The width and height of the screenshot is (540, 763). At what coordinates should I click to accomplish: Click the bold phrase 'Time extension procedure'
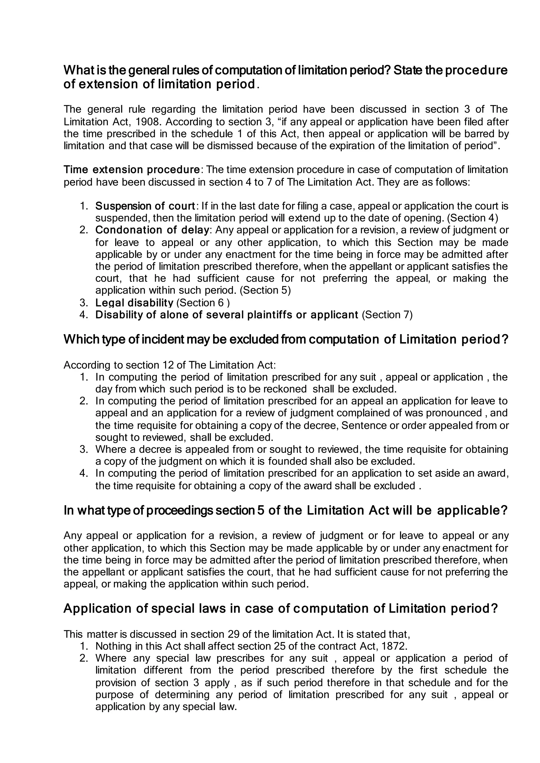point(132,170)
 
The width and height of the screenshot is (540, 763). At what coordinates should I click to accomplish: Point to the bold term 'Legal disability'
point(134,302)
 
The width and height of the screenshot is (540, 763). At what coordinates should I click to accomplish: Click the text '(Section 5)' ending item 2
point(265,290)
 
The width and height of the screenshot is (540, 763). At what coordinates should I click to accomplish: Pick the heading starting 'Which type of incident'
point(286,339)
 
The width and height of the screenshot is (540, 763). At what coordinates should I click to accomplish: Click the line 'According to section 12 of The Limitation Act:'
point(170,365)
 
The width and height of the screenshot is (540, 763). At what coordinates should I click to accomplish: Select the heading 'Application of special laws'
point(280,608)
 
